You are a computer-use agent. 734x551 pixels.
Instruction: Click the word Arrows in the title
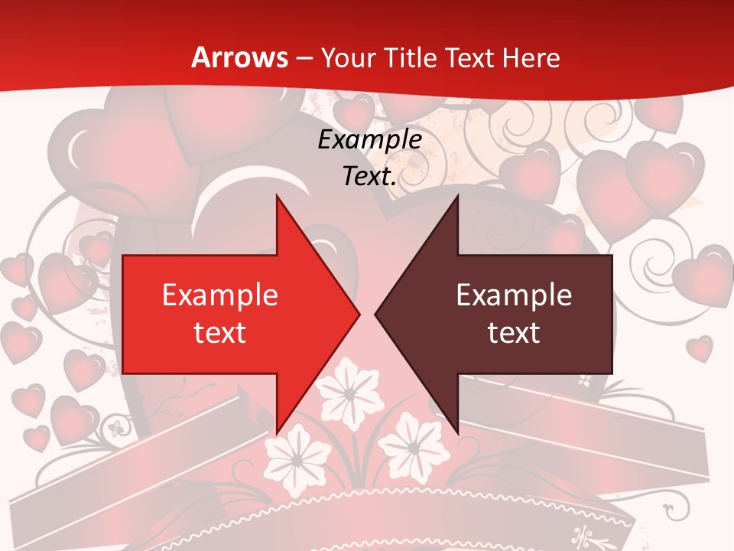click(239, 57)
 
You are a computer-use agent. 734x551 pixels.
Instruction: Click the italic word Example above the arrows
click(369, 140)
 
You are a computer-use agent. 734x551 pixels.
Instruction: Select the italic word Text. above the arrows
click(369, 177)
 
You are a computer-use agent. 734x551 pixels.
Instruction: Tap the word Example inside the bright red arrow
click(219, 295)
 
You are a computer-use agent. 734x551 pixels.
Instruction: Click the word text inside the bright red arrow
click(219, 332)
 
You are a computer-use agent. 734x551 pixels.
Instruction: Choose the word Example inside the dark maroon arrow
click(514, 295)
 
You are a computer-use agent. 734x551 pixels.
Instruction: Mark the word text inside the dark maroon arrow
click(514, 332)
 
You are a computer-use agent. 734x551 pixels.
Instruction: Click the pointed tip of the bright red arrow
click(359, 314)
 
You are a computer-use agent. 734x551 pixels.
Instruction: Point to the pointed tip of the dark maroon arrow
click(375, 314)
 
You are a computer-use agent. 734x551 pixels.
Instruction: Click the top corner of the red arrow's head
click(277, 196)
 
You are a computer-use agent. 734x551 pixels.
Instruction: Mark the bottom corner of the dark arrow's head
click(457, 433)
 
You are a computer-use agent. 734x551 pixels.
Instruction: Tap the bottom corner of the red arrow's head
click(277, 433)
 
